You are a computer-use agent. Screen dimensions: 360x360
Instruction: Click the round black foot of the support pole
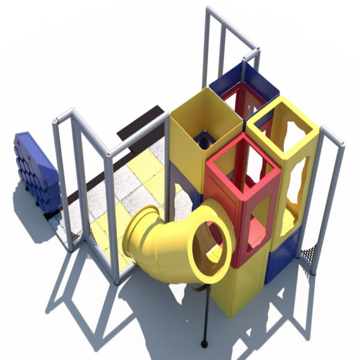(x=204, y=344)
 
